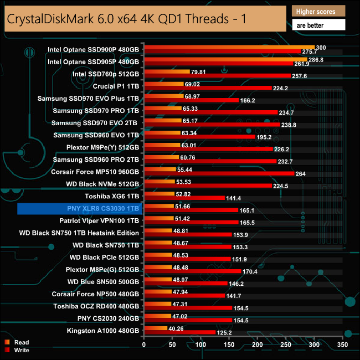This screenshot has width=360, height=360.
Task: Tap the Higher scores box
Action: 318,11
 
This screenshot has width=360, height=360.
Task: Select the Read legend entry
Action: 22,342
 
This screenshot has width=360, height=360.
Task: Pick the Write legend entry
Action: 22,350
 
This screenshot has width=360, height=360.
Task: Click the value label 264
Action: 302,173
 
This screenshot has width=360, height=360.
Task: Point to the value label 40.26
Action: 177,328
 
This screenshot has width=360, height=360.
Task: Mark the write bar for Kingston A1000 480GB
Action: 179,332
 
